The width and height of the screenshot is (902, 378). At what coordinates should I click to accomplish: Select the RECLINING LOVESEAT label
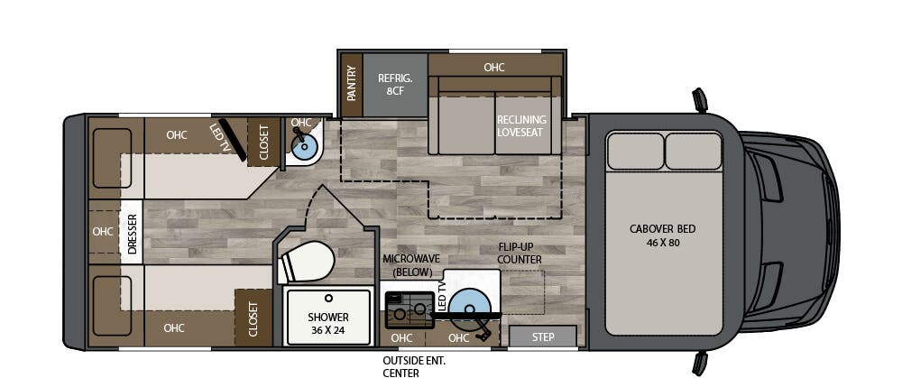(521, 125)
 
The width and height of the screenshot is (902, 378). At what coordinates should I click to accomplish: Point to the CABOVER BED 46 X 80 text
(662, 235)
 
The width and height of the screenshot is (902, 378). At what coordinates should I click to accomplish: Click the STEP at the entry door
(543, 337)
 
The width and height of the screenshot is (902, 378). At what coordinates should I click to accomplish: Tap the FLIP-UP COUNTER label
(520, 253)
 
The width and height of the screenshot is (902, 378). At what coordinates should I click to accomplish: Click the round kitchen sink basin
(470, 306)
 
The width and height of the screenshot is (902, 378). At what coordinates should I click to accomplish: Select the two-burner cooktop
(408, 310)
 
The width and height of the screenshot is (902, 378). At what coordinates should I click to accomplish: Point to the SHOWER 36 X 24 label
(327, 323)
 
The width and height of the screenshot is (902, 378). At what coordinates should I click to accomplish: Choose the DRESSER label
(132, 234)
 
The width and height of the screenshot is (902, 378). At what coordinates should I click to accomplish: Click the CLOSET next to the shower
(253, 318)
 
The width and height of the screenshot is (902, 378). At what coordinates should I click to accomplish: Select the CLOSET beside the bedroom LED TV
(264, 143)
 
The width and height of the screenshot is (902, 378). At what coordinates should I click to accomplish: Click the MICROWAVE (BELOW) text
(407, 264)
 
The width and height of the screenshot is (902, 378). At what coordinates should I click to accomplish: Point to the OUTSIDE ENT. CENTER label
(413, 365)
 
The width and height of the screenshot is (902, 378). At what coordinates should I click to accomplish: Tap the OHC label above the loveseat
(493, 67)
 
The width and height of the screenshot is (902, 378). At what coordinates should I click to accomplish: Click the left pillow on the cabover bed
(634, 152)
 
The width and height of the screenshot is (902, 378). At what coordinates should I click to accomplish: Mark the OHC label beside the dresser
(103, 232)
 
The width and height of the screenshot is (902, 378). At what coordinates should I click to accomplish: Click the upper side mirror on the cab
(699, 98)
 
